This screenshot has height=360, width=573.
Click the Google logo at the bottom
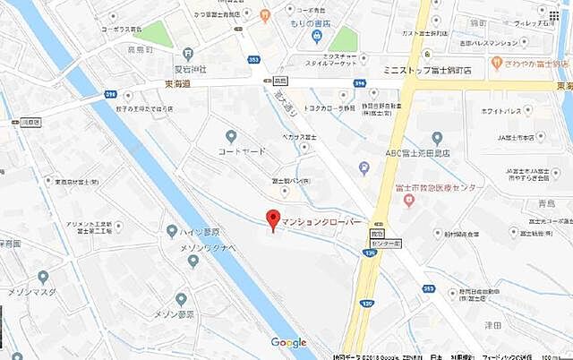[x=288, y=343]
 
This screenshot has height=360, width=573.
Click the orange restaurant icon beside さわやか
[x=496, y=64]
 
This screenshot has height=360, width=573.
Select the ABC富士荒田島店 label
[x=418, y=152]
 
